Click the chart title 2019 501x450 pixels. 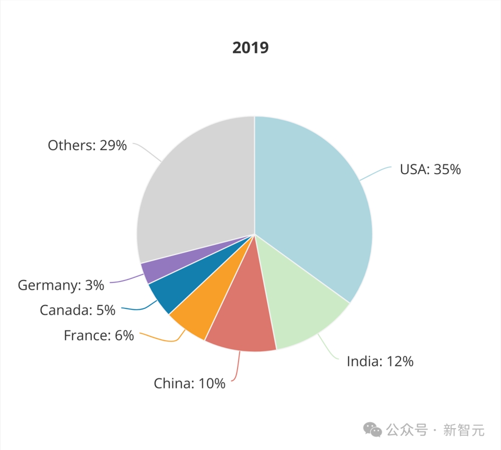click(250, 48)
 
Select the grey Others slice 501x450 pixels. click(195, 190)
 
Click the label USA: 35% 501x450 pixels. click(430, 169)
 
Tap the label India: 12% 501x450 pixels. click(380, 361)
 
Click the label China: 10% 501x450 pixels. click(189, 384)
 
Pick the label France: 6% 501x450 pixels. click(99, 335)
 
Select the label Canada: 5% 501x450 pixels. click(78, 310)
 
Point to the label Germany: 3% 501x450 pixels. click(61, 285)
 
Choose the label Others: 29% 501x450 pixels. click(87, 146)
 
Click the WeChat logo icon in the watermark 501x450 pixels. click(372, 429)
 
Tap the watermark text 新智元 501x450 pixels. click(464, 429)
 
